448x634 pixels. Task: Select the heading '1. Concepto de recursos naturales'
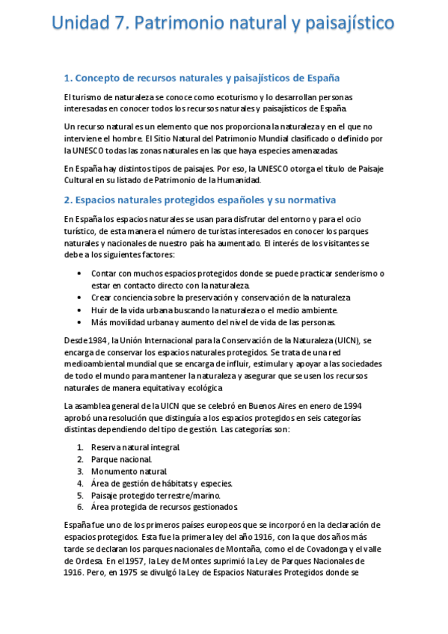(x=202, y=77)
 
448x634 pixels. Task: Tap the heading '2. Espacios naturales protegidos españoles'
(x=200, y=200)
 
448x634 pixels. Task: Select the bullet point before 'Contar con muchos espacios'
(x=80, y=274)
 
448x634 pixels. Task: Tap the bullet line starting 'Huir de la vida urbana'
(x=214, y=310)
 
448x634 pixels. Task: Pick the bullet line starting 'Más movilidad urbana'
(x=213, y=322)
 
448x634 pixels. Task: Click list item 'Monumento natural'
(x=127, y=471)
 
